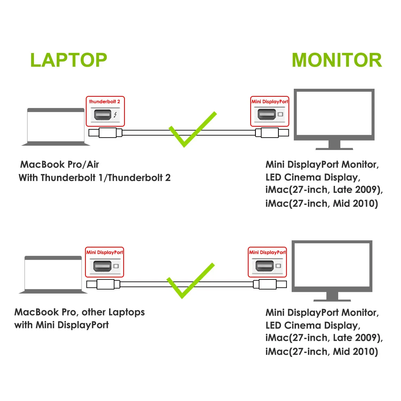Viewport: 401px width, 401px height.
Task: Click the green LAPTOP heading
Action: tap(69, 60)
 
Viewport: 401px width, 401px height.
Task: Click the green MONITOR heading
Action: tap(337, 60)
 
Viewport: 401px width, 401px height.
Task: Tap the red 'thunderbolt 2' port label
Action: tap(105, 102)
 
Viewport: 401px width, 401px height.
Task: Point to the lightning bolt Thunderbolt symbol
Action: tap(115, 115)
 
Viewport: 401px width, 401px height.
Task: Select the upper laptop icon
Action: tap(56, 127)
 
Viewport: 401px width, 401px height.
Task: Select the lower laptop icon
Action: tap(53, 275)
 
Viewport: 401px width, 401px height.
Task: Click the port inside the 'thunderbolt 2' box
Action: tap(102, 115)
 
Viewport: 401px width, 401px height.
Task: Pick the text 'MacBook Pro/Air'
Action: tap(60, 164)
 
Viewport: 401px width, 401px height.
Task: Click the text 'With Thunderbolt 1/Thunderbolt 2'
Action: tap(94, 178)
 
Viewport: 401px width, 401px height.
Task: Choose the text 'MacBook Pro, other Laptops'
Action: tap(79, 312)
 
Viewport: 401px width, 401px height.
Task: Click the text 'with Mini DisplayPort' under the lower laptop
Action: tap(61, 325)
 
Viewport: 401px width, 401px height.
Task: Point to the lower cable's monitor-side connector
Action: tap(270, 284)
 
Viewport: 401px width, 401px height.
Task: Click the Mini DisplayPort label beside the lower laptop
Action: tap(105, 252)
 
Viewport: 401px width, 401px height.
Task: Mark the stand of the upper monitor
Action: tap(334, 145)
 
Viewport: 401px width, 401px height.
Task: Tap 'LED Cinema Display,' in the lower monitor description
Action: tap(313, 326)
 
